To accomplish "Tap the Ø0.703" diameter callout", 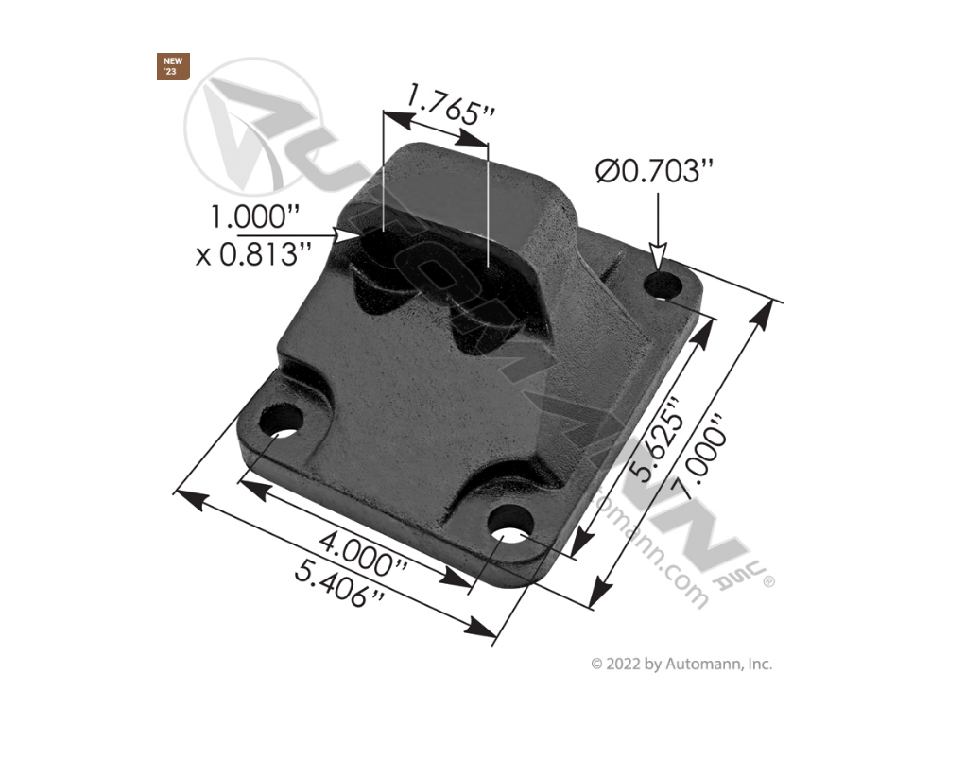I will (x=654, y=172).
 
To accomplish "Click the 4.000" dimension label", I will (x=363, y=556).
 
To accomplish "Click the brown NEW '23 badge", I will (x=174, y=66).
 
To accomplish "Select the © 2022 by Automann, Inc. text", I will (x=681, y=664).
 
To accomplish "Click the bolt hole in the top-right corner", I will (x=668, y=285).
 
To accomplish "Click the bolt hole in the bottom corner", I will (x=511, y=523).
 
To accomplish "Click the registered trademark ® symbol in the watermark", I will (x=767, y=583).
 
